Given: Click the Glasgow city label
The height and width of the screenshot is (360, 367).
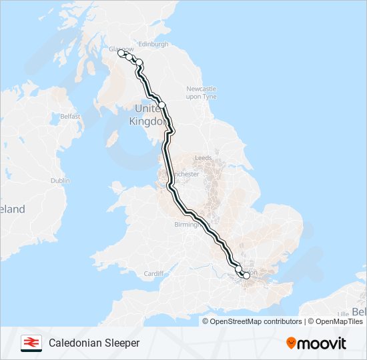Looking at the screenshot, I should pos(122,49).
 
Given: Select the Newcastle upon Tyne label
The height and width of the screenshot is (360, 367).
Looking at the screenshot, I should pos(202,93).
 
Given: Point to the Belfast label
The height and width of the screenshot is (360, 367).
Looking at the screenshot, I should pos(70,116).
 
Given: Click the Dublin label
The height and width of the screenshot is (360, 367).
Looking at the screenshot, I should pos(60,180).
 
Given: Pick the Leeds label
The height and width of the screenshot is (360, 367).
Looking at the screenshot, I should pos(203,158).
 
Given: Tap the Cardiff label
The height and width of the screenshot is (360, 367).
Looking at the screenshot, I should pos(153,273).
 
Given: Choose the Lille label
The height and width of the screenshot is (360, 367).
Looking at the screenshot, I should pos(344,313).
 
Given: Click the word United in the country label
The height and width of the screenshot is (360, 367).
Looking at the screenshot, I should pos(147,108).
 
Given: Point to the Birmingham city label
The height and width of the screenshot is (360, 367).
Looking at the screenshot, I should pos(185,225).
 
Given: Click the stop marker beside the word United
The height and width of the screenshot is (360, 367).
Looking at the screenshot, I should pos(161,105).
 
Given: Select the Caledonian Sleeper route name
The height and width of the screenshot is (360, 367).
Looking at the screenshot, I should pos(94,343).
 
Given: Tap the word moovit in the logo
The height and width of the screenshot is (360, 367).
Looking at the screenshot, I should pos(322,343).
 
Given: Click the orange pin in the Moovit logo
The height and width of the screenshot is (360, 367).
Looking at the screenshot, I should pos(291,343).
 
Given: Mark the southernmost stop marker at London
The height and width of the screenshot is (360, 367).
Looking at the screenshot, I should pos(246,275).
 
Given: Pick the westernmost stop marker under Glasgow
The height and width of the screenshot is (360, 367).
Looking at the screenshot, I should pos(121,55).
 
